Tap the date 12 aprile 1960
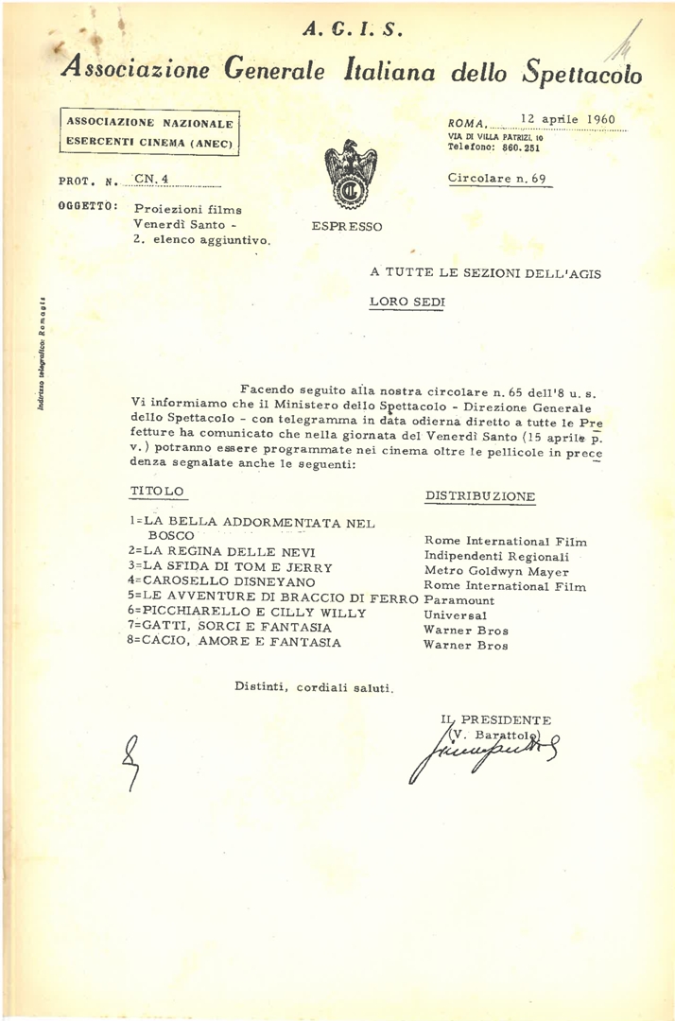567,120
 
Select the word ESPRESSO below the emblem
347,227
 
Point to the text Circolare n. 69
496,178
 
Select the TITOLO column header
157,492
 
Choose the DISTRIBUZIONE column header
480,496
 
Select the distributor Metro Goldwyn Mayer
496,571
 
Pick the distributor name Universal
456,614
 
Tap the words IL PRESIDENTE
496,720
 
